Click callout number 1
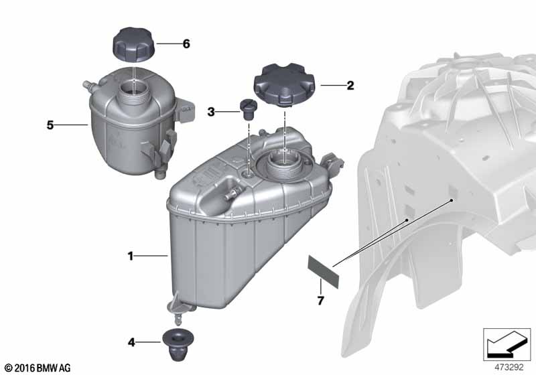(131, 255)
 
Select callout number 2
(350, 86)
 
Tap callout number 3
(211, 112)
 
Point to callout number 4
(131, 342)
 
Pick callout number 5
(50, 125)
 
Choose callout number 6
(186, 44)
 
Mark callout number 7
(320, 301)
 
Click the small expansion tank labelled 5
(131, 127)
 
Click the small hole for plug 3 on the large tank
(249, 173)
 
